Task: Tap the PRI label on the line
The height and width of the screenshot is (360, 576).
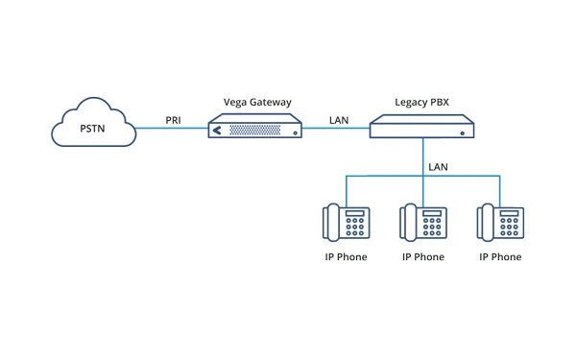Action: [173, 120]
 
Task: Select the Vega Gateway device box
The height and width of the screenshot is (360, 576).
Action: [255, 127]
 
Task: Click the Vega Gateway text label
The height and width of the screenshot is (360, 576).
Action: [257, 102]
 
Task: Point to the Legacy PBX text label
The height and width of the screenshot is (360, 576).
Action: [423, 102]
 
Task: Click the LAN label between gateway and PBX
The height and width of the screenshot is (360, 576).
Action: [339, 120]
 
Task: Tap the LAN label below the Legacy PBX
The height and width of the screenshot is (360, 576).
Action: [438, 167]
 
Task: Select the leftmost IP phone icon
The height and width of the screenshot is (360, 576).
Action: [347, 222]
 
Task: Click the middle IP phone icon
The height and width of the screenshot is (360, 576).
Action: [423, 222]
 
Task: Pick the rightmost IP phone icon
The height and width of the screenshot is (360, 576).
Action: [500, 222]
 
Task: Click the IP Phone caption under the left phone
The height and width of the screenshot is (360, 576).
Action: [347, 257]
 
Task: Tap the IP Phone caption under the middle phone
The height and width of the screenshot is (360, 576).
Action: [423, 257]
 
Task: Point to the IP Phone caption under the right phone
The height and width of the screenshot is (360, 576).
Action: [500, 257]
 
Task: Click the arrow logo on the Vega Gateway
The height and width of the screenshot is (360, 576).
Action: [217, 129]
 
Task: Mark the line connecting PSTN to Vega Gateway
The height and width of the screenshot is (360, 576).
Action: [173, 129]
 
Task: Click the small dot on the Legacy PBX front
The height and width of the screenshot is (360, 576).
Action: [462, 133]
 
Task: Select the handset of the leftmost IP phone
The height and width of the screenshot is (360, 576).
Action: [332, 222]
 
